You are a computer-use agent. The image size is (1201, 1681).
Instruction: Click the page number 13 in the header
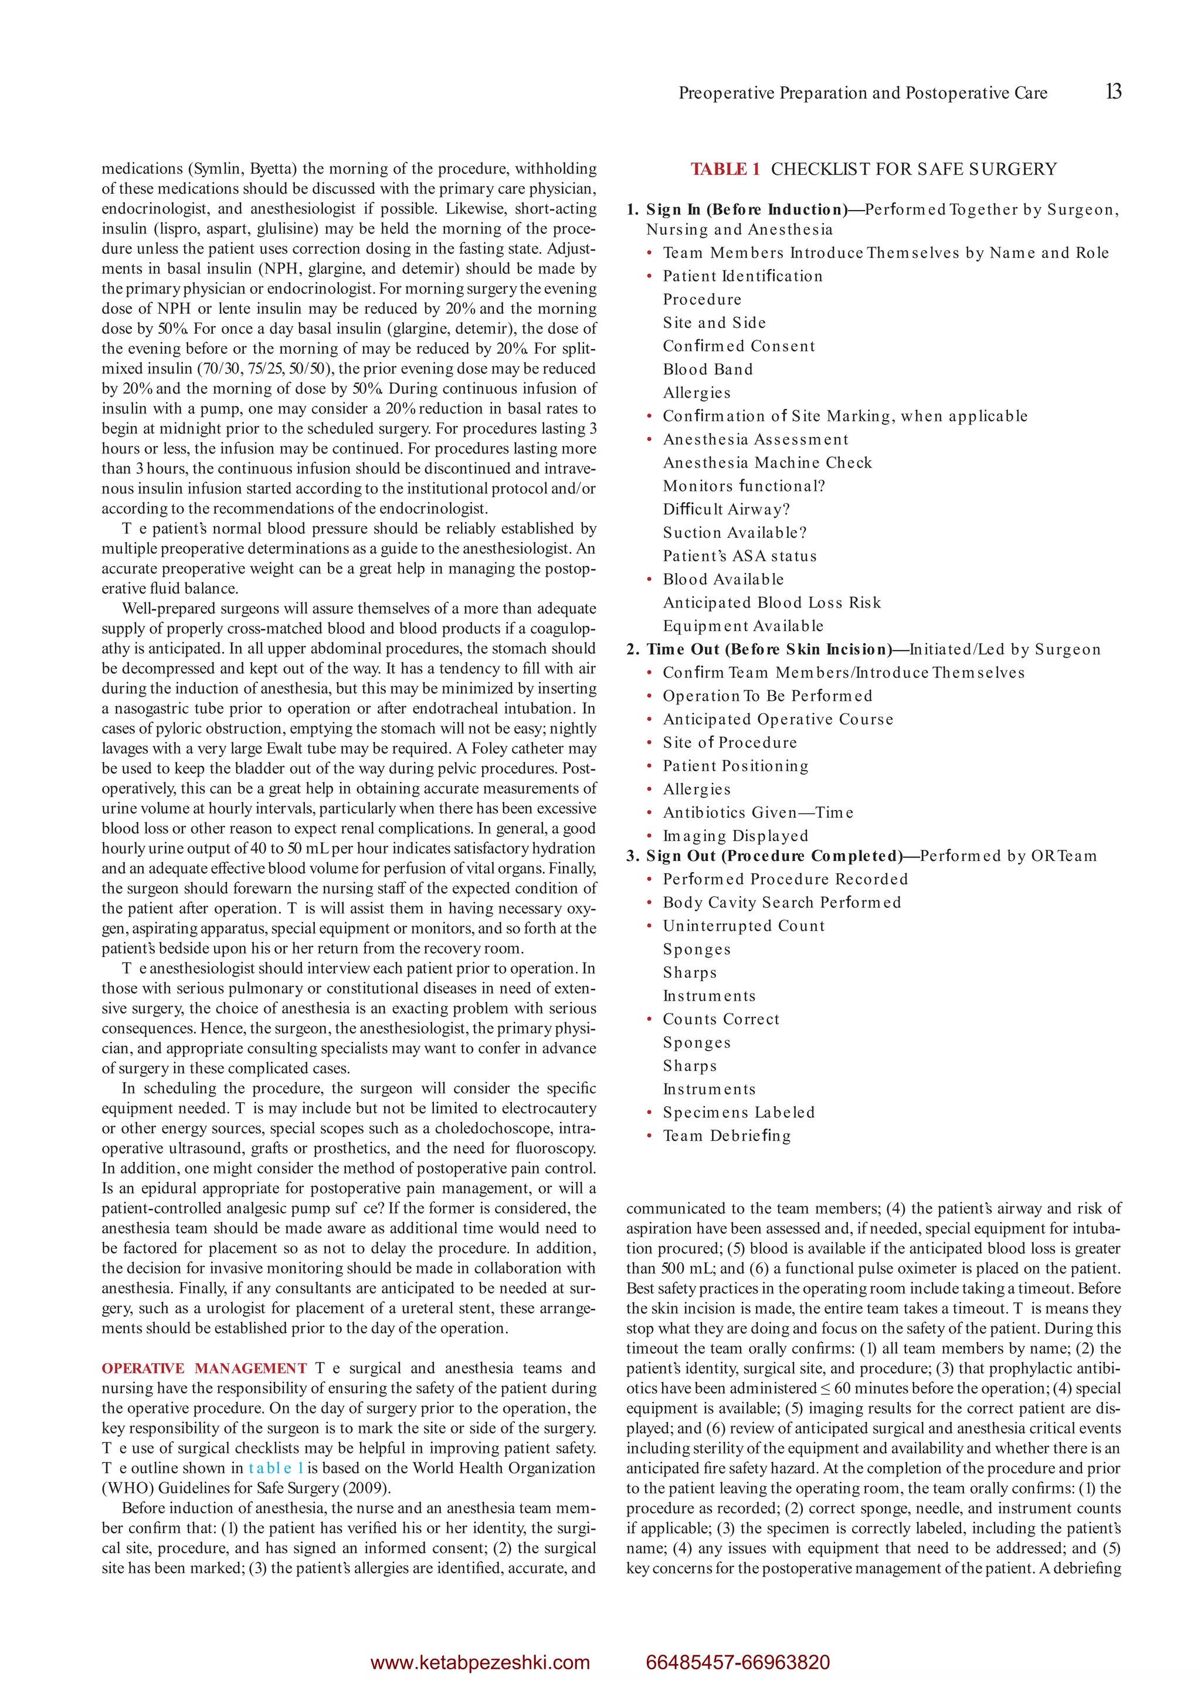tap(1113, 91)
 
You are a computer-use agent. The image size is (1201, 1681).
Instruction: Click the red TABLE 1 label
tap(725, 170)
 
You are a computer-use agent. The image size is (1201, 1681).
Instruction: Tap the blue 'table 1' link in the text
tap(276, 1468)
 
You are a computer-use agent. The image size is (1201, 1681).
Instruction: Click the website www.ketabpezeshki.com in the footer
tap(480, 1662)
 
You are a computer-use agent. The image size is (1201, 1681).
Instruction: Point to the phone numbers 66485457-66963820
tap(737, 1662)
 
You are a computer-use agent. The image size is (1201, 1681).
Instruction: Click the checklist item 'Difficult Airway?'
tap(726, 510)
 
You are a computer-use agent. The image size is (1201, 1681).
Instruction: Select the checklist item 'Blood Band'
tap(708, 370)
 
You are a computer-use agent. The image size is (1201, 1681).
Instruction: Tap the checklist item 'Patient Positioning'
tap(735, 766)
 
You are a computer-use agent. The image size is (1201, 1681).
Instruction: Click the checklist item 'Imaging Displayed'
tap(735, 836)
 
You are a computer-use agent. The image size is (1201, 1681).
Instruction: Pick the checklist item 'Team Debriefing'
tap(726, 1136)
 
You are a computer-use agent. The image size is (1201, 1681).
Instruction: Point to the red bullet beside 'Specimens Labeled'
tap(649, 1113)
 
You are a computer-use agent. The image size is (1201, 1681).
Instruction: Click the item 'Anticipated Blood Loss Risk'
tap(771, 603)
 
